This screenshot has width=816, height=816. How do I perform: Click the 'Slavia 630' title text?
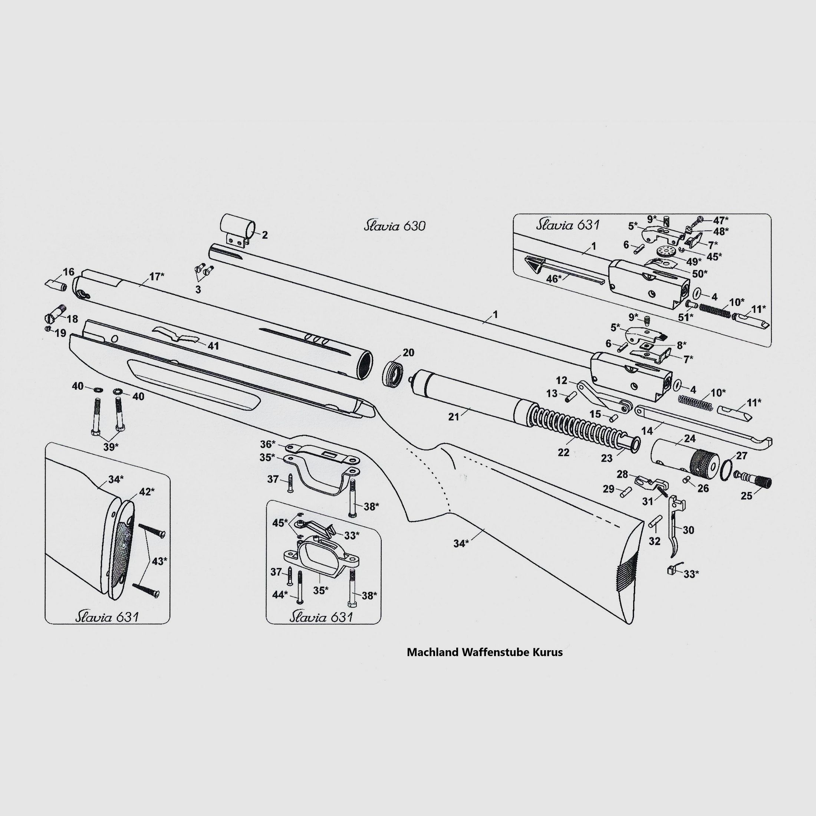click(395, 226)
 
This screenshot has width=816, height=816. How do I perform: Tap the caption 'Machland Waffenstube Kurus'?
click(484, 652)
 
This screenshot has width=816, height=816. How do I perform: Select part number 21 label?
click(454, 417)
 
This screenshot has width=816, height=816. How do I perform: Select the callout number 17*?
click(157, 277)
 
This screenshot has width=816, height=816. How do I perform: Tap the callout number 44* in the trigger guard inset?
click(280, 595)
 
